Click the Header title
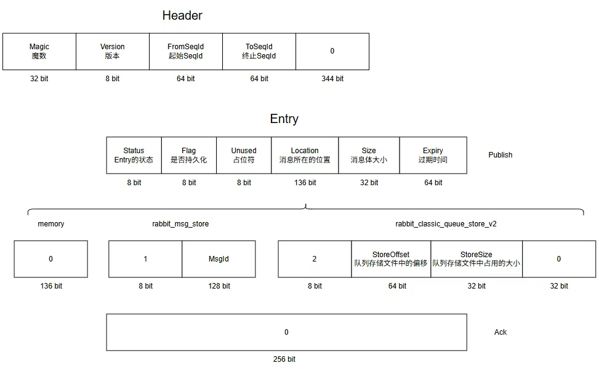tap(182, 15)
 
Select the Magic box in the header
tap(39, 52)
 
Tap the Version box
tap(113, 52)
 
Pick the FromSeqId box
tap(186, 52)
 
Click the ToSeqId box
tap(259, 52)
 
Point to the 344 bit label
tap(332, 79)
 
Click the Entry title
tap(284, 119)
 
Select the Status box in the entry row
tap(134, 155)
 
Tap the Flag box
tap(189, 155)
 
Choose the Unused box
tap(244, 155)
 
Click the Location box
tap(305, 155)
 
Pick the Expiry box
tap(433, 155)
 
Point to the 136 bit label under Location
tap(305, 183)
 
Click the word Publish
tap(501, 155)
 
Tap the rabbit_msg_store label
tap(180, 224)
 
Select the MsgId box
tap(219, 259)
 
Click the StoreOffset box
tap(391, 259)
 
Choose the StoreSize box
tap(476, 259)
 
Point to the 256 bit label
tap(284, 359)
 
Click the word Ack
tap(501, 332)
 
